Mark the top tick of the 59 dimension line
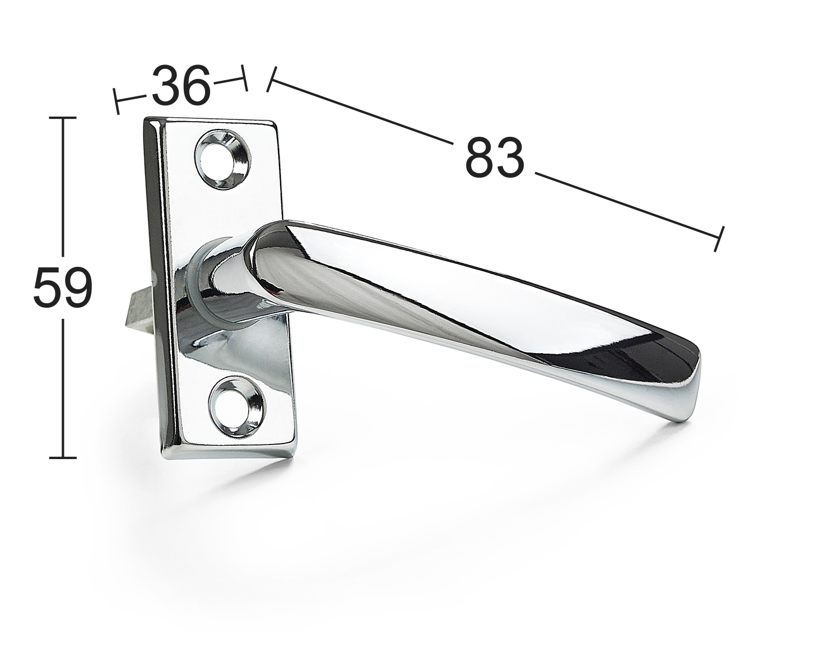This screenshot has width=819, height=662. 63,117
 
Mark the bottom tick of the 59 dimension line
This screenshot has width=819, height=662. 63,458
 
